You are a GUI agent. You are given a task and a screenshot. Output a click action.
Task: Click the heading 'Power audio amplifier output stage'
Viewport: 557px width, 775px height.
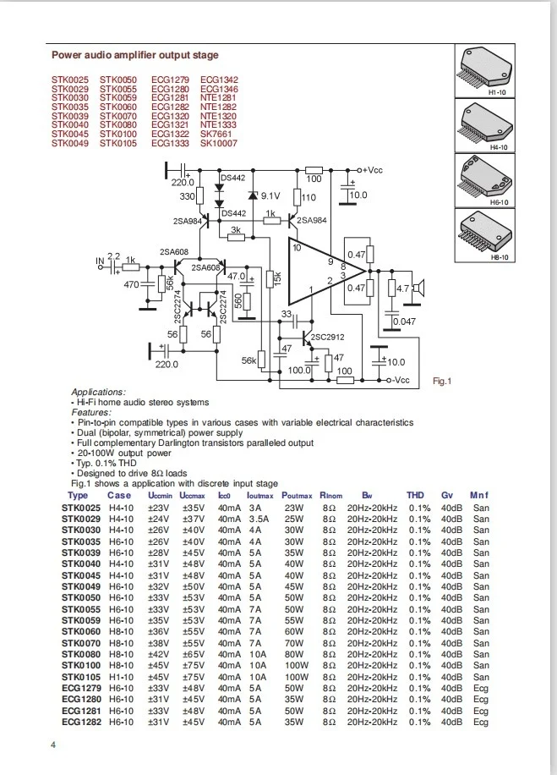[x=134, y=55]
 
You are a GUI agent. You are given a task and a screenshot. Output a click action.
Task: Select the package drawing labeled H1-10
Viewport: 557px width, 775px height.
[x=486, y=66]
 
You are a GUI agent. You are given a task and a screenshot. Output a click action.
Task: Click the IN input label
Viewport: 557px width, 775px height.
[x=101, y=259]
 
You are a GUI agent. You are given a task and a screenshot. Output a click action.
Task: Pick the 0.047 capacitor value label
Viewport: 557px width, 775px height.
[x=404, y=322]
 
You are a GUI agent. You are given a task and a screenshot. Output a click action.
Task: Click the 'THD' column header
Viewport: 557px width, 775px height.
[x=415, y=495]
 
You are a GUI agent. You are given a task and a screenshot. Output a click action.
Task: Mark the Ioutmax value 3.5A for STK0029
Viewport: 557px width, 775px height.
[x=258, y=518]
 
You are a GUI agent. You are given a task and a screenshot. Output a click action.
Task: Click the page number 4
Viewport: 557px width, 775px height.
[x=53, y=745]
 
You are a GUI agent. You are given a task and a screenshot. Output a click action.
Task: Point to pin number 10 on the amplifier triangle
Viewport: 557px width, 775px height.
[x=296, y=248]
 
